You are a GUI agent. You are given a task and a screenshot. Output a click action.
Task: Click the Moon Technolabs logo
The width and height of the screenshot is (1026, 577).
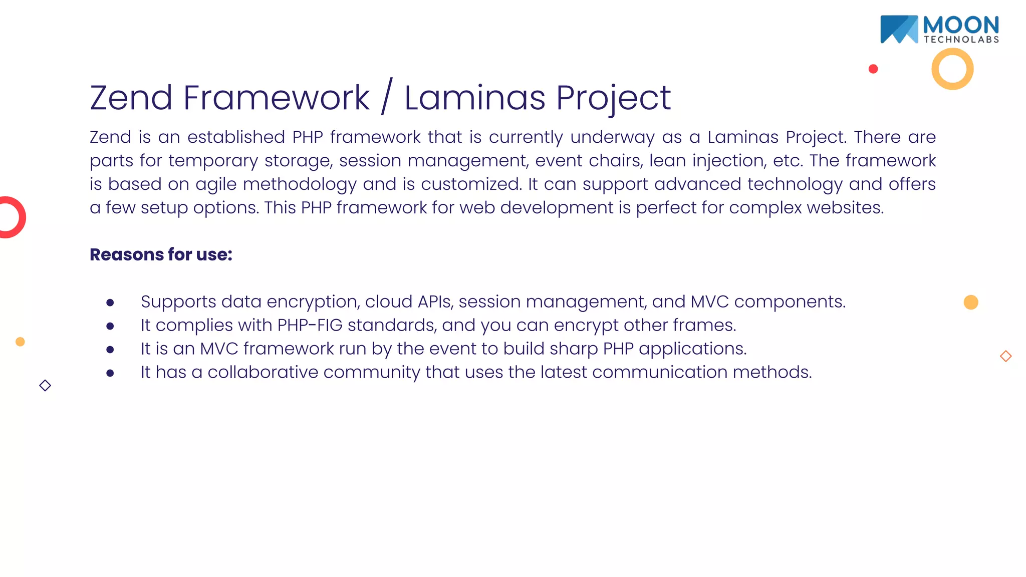(x=939, y=30)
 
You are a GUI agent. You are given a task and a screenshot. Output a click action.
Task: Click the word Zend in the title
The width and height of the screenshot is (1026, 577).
(x=131, y=98)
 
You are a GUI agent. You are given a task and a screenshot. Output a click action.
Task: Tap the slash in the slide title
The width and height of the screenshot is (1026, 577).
(x=386, y=97)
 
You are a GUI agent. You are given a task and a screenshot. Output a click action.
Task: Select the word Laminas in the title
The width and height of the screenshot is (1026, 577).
(x=474, y=98)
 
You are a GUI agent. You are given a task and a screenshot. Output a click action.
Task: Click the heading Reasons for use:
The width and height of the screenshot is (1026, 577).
(x=161, y=254)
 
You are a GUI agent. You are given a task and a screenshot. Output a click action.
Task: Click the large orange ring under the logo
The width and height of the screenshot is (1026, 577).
(x=952, y=69)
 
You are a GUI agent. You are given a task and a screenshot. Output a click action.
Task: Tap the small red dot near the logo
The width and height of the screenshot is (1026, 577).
(x=873, y=69)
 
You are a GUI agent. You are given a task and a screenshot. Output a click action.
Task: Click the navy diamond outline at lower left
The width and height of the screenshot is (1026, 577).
(x=45, y=385)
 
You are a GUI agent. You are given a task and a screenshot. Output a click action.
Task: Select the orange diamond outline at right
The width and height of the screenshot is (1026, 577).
(x=1005, y=356)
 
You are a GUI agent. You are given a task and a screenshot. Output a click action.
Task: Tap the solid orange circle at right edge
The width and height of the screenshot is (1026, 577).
(x=970, y=302)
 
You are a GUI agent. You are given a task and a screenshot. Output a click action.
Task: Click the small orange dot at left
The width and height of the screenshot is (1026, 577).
(x=20, y=342)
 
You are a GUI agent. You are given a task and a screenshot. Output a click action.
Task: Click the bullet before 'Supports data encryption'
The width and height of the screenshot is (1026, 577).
(x=110, y=303)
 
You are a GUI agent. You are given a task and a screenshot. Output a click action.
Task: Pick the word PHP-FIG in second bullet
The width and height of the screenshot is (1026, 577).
(x=310, y=325)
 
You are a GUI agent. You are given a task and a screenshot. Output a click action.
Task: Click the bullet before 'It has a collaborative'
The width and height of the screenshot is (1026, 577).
(x=110, y=373)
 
